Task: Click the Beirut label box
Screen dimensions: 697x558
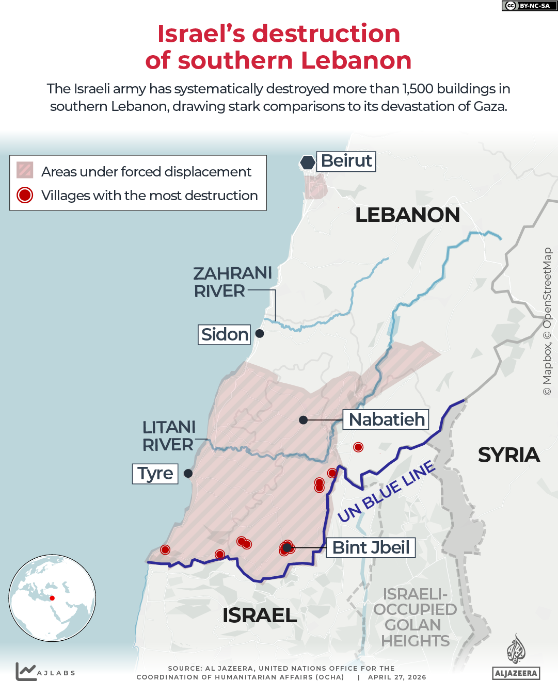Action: pos(346,161)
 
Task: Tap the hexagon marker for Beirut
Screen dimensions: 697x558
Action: pos(308,163)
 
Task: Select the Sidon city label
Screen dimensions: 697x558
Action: pos(224,334)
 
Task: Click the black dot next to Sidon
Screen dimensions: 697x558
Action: pos(260,334)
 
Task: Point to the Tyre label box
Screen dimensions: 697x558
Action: pos(155,473)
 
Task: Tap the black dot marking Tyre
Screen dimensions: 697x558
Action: pos(188,473)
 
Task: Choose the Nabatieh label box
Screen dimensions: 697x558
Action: pos(386,419)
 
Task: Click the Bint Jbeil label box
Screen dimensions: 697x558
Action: pos(371,547)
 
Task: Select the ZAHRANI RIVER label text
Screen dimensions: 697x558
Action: pos(232,282)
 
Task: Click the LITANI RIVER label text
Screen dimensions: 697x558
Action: pos(169,435)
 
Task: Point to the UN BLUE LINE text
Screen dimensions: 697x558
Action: pos(386,492)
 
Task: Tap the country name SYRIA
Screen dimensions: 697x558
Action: pos(508,455)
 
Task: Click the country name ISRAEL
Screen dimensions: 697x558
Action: pos(259,615)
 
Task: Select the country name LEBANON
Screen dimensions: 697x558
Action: pos(407,215)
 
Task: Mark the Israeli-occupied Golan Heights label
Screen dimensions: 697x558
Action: pos(415,617)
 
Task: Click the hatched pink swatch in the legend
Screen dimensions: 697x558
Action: pos(25,170)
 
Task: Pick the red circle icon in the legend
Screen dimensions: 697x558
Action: pos(25,195)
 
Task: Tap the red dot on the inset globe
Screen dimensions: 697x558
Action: pos(52,598)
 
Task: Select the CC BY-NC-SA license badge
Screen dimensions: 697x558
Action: pos(529,6)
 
